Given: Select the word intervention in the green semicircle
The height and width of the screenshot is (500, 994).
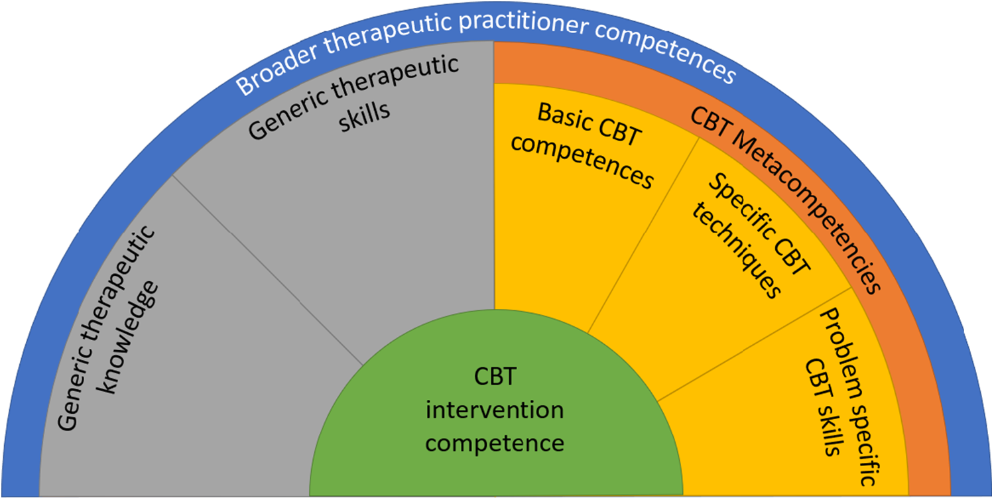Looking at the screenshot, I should coord(495,409).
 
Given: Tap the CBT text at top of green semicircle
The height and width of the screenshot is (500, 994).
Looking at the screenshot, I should coord(495,379).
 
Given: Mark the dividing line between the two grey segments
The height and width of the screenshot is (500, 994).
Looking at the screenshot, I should coord(265,269).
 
